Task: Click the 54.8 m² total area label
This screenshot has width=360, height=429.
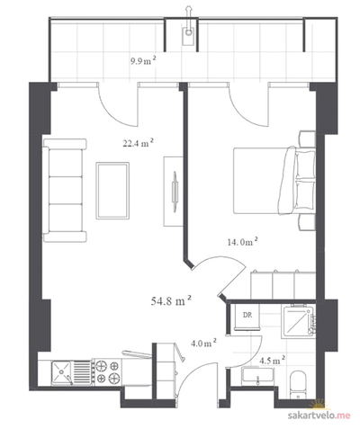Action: pyautogui.click(x=171, y=300)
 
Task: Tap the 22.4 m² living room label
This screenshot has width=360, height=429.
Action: pyautogui.click(x=139, y=143)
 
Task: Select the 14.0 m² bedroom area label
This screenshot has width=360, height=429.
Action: pyautogui.click(x=243, y=242)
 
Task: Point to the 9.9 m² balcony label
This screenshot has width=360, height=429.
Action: pyautogui.click(x=143, y=61)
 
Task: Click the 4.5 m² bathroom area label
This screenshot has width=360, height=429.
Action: pyautogui.click(x=272, y=360)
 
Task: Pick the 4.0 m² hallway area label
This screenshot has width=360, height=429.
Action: pyautogui.click(x=204, y=343)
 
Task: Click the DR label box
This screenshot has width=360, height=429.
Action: pyautogui.click(x=247, y=317)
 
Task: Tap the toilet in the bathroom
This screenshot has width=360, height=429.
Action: pyautogui.click(x=299, y=385)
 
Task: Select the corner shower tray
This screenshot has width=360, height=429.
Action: pyautogui.click(x=298, y=321)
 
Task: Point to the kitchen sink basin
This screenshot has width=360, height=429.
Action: pyautogui.click(x=61, y=372)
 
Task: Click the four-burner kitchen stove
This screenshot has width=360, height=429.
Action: pyautogui.click(x=108, y=371)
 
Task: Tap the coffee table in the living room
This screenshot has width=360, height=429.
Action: pyautogui.click(x=112, y=191)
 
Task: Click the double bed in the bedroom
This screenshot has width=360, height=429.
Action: pyautogui.click(x=274, y=181)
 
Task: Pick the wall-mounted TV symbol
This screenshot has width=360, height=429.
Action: pyautogui.click(x=175, y=192)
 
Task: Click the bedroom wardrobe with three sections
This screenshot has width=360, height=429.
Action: pyautogui.click(x=283, y=285)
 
